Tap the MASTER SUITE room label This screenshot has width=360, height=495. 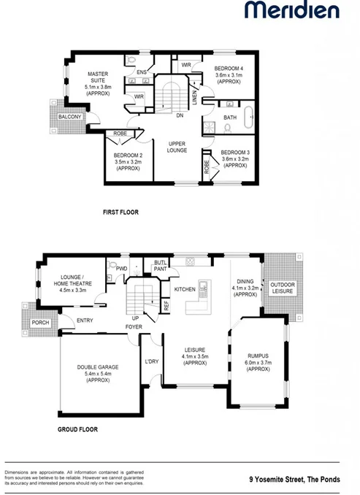(x=98, y=83)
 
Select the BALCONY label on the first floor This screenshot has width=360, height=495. (x=69, y=117)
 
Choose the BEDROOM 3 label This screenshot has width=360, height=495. (x=235, y=158)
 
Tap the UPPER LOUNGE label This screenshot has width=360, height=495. (x=177, y=147)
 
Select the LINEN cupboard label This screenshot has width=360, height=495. (x=195, y=94)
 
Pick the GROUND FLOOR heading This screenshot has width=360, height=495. (x=78, y=430)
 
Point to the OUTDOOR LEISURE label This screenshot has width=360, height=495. (x=282, y=288)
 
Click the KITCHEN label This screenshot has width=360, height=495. (x=184, y=290)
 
